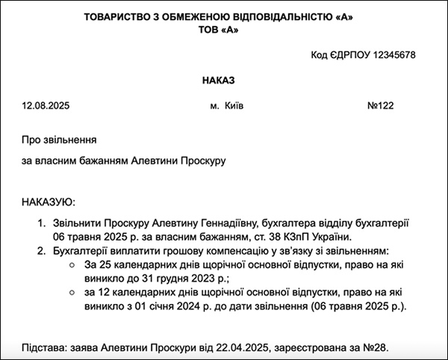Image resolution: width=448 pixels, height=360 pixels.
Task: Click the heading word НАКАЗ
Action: [223, 80]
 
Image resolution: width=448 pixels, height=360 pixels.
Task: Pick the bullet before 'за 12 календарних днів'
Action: [71, 294]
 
